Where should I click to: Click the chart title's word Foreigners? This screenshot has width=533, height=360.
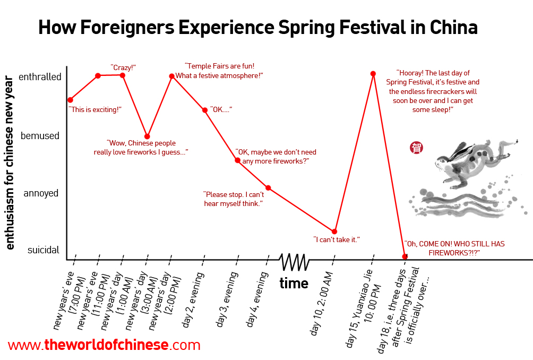pos(127,28)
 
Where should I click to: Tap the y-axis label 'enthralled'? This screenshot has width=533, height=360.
pos(40,77)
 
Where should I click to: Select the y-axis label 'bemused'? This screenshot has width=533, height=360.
pos(40,135)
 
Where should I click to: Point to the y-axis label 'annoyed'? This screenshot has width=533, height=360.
pos(41,193)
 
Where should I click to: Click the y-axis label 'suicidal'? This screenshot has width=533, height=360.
pos(43,250)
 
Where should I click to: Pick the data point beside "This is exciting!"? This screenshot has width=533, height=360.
pos(70,100)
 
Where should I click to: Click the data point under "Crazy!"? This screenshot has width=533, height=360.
pos(123,75)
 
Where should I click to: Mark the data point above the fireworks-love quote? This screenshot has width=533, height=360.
pos(147,136)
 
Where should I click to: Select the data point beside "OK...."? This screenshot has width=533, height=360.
pos(205,110)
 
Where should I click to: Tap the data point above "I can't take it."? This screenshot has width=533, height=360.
pos(334,232)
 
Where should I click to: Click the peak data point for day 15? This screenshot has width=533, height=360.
pos(373,74)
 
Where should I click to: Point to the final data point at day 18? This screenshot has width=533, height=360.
pos(405,256)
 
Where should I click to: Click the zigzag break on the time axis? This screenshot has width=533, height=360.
pos(294,262)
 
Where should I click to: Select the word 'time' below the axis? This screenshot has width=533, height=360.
pos(294,283)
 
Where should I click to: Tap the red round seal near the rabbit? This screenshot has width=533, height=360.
pos(416,148)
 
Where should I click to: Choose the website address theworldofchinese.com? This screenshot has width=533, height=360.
pos(104,345)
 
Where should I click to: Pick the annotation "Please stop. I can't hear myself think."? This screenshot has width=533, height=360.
pos(234,199)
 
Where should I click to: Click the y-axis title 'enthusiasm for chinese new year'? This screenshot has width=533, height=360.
pos(9,163)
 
